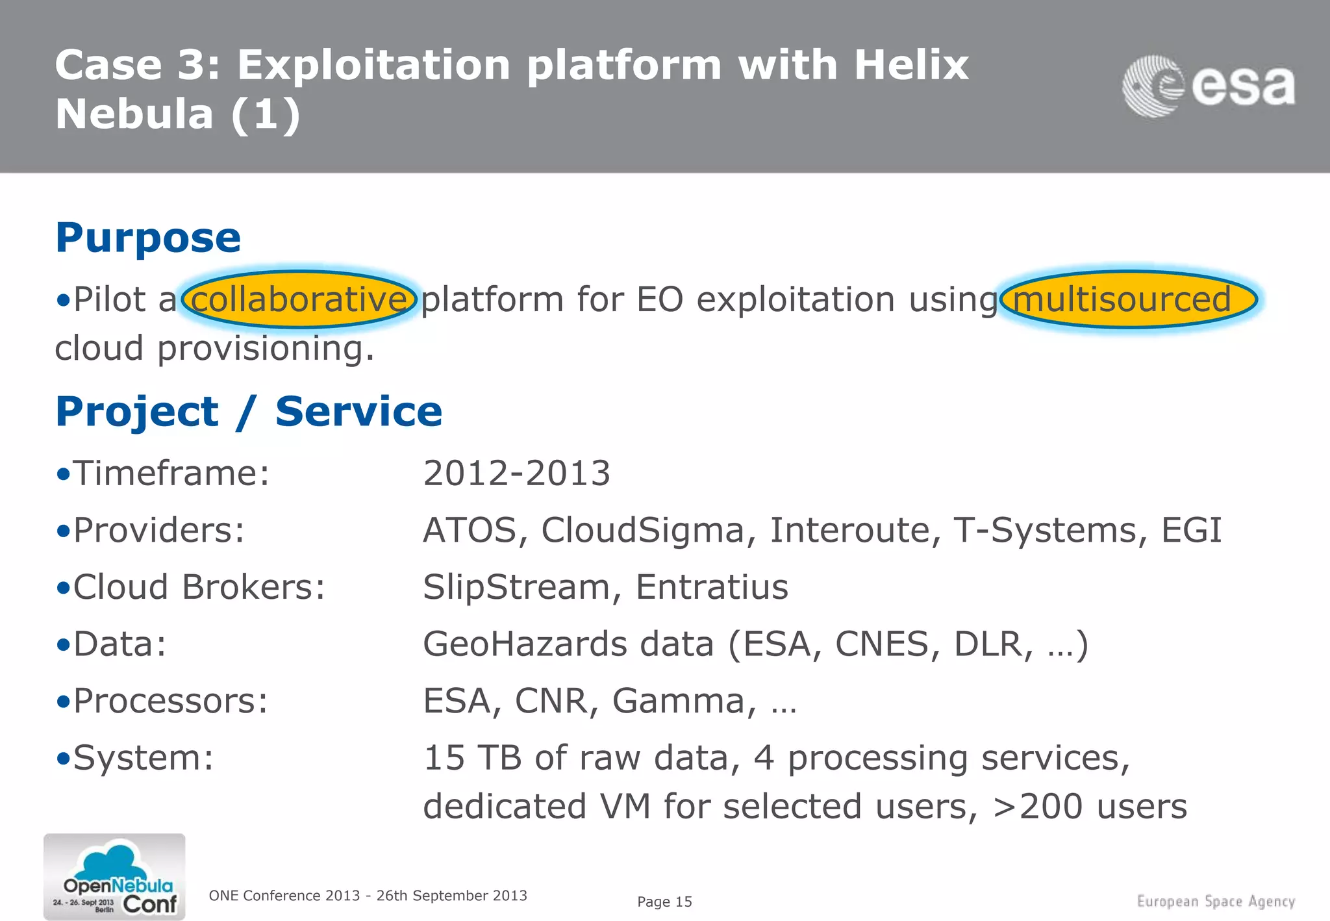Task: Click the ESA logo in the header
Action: (1208, 86)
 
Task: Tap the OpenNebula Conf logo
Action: (114, 877)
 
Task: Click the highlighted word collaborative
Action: (299, 299)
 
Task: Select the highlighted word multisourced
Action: (1123, 299)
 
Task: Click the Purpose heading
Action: (148, 238)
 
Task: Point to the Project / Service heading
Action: (249, 412)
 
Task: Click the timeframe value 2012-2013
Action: (516, 473)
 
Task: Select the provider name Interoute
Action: (855, 530)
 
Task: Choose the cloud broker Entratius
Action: (712, 587)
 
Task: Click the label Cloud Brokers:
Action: (199, 587)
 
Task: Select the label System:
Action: (143, 758)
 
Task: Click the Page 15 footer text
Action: (664, 902)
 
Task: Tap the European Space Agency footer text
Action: (1215, 902)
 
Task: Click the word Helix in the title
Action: (910, 65)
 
